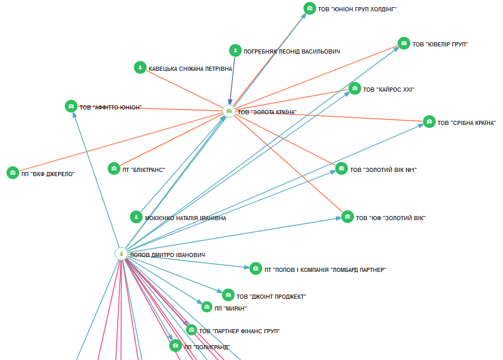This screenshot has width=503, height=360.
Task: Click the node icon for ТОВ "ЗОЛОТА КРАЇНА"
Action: [x=229, y=111]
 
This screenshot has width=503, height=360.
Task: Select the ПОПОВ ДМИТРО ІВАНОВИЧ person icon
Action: [x=121, y=253]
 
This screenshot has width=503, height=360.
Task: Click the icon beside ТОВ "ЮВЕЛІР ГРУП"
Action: [x=404, y=43]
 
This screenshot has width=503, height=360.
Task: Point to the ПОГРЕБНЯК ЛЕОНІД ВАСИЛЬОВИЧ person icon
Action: [x=235, y=51]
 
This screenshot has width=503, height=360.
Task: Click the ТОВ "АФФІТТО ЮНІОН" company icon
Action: [x=71, y=107]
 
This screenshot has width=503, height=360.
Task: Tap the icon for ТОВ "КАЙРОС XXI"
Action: [x=354, y=89]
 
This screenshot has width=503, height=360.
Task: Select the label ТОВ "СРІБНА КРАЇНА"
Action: [x=466, y=123]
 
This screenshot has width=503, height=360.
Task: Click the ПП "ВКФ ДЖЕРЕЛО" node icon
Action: [x=12, y=173]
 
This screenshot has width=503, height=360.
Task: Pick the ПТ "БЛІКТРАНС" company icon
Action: [x=114, y=169]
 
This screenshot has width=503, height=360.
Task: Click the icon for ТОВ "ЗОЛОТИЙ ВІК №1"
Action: [x=341, y=169]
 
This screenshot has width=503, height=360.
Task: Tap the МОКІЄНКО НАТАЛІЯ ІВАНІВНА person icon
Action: [x=136, y=217]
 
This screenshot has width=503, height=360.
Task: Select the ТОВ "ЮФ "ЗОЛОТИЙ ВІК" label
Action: [x=391, y=218]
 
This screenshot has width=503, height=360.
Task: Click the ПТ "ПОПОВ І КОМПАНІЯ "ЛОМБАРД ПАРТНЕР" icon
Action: [x=256, y=269]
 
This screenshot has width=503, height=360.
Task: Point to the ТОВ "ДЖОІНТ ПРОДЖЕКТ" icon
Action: [x=228, y=295]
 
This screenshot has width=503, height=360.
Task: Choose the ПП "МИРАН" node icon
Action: [x=206, y=307]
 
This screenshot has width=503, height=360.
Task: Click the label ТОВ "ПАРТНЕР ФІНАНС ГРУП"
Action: [x=239, y=331]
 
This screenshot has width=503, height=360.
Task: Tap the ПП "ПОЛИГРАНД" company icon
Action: [x=175, y=346]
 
